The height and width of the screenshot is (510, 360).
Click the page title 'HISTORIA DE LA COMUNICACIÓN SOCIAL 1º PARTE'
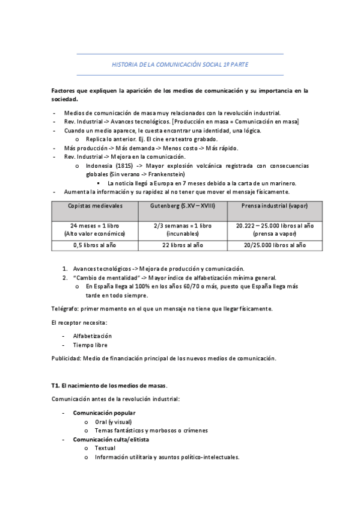(x=180, y=64)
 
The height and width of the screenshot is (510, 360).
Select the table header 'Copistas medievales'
(x=95, y=206)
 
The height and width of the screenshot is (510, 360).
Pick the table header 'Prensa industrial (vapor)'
(x=266, y=206)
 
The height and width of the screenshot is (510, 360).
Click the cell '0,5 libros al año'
(x=95, y=245)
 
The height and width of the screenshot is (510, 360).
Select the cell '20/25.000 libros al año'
(x=266, y=245)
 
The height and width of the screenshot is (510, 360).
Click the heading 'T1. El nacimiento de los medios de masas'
(x=109, y=385)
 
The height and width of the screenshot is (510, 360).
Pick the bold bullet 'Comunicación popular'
(x=104, y=413)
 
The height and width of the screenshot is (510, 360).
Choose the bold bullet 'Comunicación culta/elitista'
(x=111, y=440)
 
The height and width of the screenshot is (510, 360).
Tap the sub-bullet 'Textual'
(x=105, y=448)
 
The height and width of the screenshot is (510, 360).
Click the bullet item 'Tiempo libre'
(x=90, y=345)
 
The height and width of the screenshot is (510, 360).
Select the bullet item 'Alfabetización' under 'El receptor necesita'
(x=92, y=336)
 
